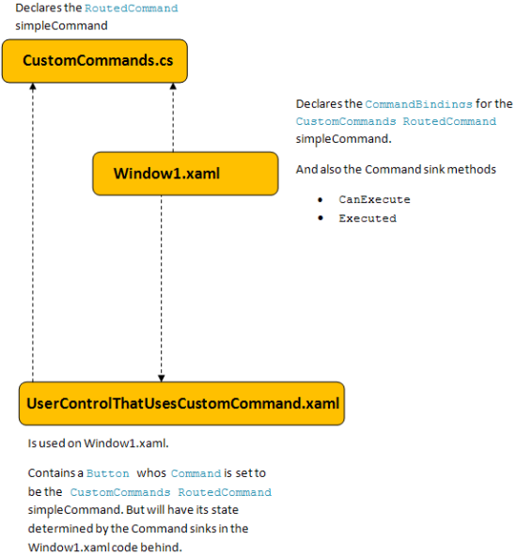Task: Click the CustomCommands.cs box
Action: coord(95,61)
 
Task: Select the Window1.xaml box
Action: coord(185,174)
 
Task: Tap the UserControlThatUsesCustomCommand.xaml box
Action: coord(181,404)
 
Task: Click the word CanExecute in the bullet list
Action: coord(374,200)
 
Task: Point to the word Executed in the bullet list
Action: coord(368,218)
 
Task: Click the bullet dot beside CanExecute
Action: coord(321,200)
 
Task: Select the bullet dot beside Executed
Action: coord(321,218)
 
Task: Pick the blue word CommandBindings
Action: coord(418,104)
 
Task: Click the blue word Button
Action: coord(108,473)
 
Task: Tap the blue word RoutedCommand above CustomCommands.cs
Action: coord(132,8)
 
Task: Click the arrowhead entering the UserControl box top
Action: coord(162,378)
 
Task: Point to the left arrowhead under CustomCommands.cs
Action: coord(33,86)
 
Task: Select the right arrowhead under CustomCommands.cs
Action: coord(173,86)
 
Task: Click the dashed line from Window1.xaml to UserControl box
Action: coord(162,288)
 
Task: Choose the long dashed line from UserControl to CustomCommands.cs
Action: coord(33,232)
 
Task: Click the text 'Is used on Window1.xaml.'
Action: coord(99,443)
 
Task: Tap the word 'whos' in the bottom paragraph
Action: coord(151,473)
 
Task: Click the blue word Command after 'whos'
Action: coord(196,473)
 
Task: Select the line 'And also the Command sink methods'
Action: coord(396,169)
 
